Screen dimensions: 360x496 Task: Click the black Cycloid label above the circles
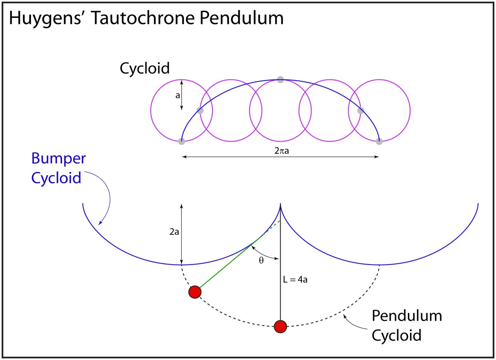click(x=145, y=68)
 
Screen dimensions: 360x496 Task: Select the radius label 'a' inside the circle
click(x=177, y=95)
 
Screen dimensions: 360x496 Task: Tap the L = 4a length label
click(x=295, y=280)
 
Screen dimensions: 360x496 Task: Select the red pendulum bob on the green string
click(x=195, y=292)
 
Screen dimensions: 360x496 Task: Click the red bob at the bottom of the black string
click(x=280, y=327)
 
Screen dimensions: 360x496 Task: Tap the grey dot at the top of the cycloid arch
click(x=280, y=79)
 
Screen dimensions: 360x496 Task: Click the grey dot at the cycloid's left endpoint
click(x=181, y=141)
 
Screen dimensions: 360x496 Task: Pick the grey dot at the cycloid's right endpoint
click(x=379, y=141)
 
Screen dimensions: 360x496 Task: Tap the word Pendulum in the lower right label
click(x=407, y=316)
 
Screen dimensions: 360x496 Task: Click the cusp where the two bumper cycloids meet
click(x=281, y=205)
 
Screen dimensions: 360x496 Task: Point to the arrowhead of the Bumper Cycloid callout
click(x=100, y=224)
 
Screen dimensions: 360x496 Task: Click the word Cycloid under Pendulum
click(x=396, y=334)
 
